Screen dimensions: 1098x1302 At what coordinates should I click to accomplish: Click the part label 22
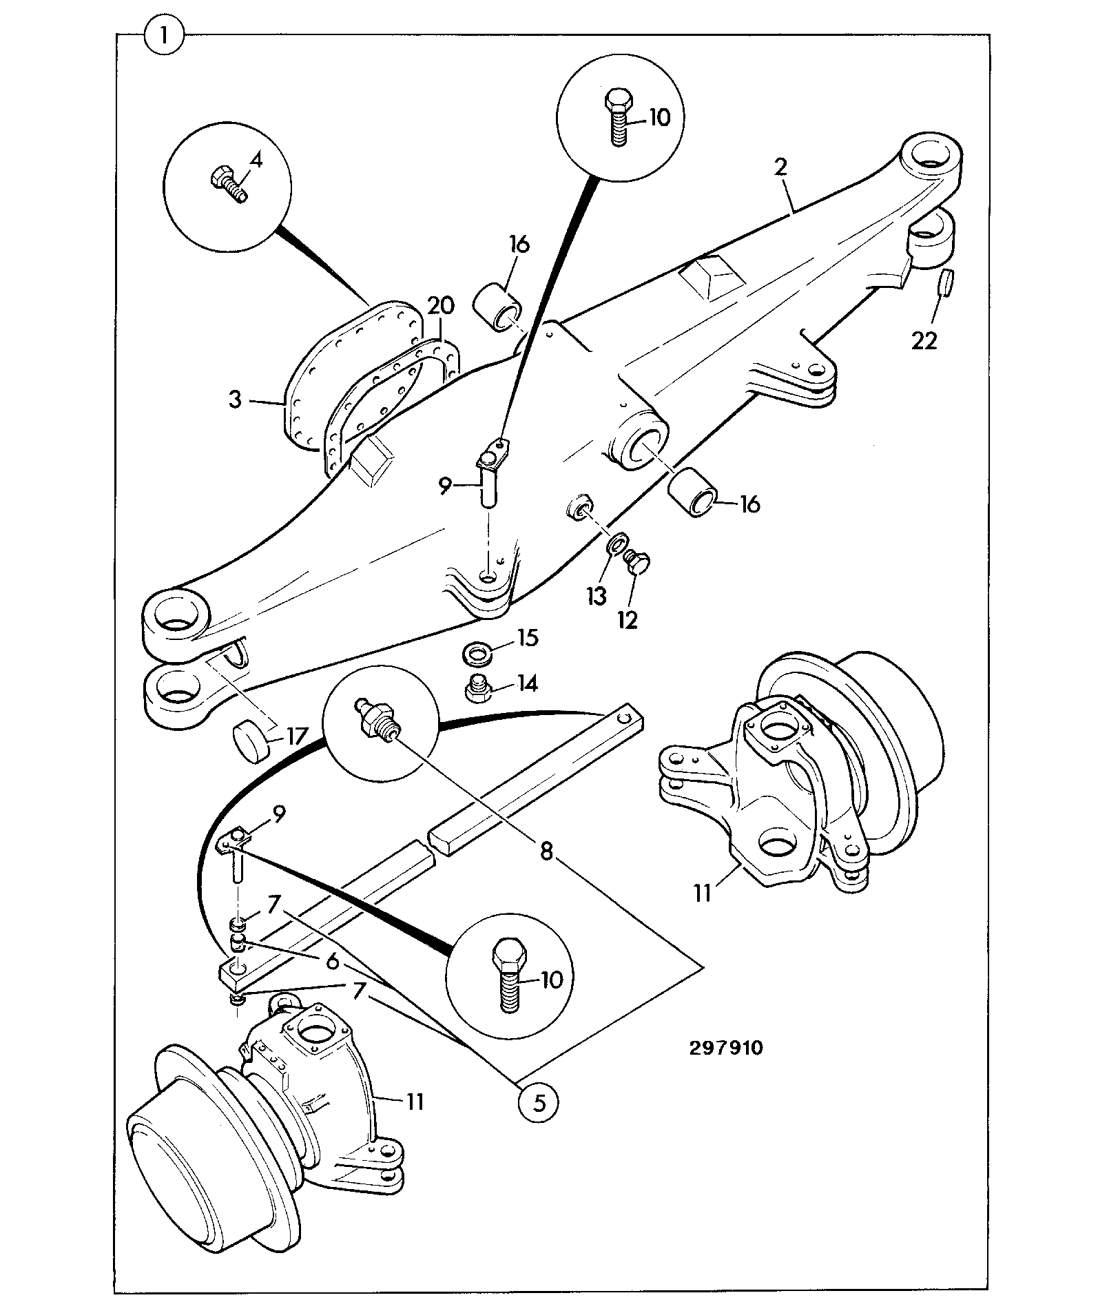924,340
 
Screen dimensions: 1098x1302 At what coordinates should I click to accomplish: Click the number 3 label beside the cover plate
235,400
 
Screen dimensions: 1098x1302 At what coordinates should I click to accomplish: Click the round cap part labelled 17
251,741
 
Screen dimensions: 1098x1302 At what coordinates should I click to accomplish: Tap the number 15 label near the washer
528,637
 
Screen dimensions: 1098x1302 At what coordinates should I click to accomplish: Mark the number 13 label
597,596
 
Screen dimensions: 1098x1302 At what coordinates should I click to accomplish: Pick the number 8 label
546,852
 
